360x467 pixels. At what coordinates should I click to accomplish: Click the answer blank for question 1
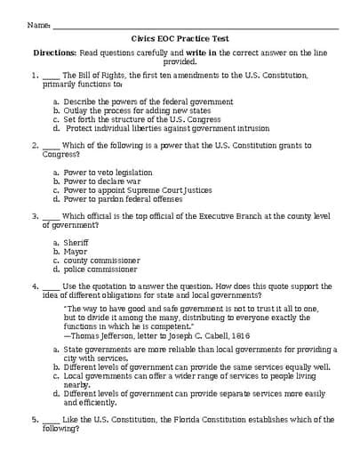(x=51, y=76)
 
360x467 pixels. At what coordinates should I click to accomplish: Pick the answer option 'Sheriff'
(x=76, y=242)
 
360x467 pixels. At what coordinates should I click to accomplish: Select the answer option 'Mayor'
(x=76, y=251)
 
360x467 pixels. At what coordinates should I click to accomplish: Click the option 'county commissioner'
(x=100, y=260)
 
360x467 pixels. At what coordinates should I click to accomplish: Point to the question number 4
(x=34, y=286)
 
